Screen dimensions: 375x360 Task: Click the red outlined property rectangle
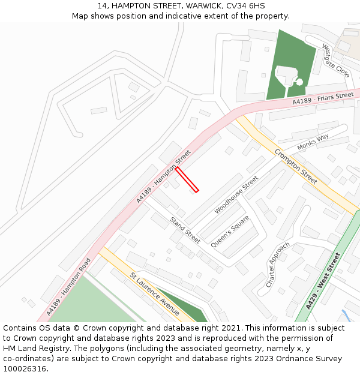[x=187, y=179]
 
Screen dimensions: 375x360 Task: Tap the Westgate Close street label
[x=335, y=60]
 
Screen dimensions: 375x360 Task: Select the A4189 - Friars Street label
[x=323, y=99]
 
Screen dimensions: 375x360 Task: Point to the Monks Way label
[x=313, y=142]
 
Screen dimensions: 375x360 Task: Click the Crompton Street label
[x=296, y=166]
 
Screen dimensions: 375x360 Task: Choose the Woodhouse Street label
[x=236, y=194]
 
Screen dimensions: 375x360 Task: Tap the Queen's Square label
[x=229, y=232]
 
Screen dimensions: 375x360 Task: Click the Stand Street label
[x=185, y=230]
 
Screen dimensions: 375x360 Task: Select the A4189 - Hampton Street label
[x=163, y=176]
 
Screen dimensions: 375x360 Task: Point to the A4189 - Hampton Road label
[x=68, y=287]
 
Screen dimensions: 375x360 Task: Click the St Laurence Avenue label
[x=154, y=293]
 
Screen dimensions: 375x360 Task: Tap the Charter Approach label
[x=278, y=264]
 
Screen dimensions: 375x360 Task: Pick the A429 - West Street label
[x=322, y=281]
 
